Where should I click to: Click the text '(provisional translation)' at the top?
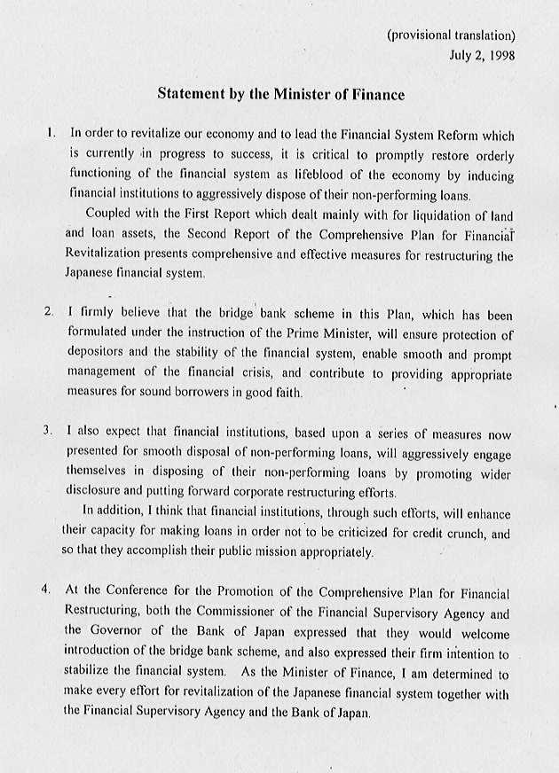coord(451,35)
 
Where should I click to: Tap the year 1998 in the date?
coord(500,55)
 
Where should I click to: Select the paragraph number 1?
coord(51,133)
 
